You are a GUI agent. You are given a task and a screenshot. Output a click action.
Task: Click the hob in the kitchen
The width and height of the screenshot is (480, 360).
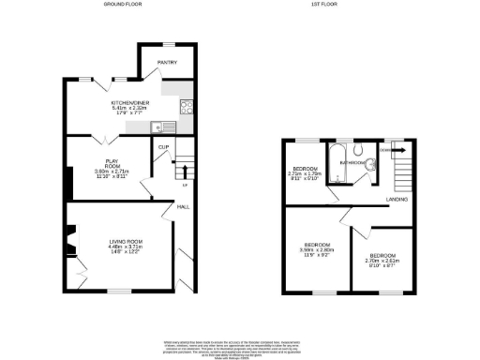(186, 106)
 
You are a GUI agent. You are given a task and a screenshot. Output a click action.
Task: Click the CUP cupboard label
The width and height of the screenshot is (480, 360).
(163, 147)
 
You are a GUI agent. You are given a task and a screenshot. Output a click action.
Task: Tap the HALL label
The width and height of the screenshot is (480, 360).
(185, 206)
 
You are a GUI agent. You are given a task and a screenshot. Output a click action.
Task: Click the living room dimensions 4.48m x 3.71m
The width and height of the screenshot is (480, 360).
(124, 247)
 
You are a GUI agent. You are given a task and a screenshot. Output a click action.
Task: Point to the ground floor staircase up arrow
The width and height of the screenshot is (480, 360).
(185, 172)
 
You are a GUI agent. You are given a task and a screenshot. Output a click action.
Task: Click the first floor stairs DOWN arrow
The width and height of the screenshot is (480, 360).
(394, 148)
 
